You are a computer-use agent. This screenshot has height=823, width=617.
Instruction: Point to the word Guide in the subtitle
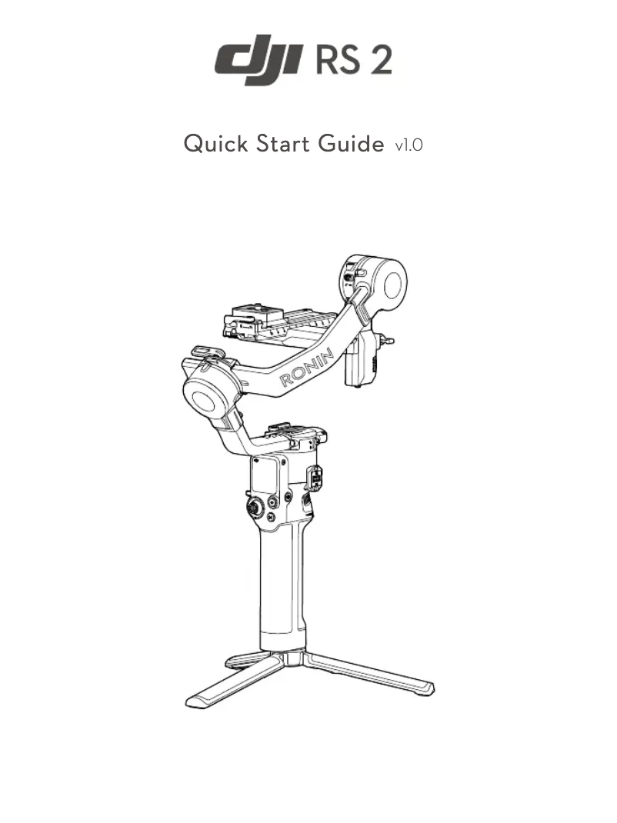351,144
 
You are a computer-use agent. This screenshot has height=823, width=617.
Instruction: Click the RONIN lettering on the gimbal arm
306,368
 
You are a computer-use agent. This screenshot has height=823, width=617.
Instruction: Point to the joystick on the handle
253,507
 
